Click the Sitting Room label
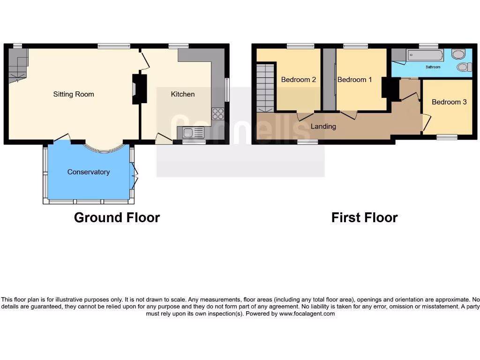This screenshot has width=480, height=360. coord(74,94)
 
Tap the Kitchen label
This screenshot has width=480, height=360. coord(182,94)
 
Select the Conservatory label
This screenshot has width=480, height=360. coord(89,172)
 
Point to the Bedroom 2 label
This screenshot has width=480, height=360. coord(299,80)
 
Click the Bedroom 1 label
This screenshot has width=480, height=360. coord(355,80)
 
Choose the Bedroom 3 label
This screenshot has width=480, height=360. coord(449,102)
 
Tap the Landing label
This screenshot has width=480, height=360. coord(323,127)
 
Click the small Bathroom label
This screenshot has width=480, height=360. coord(433,67)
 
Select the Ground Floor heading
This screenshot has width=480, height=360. coord(117,217)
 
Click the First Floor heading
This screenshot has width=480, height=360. coord(364,217)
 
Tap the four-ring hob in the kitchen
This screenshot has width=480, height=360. coord(218,113)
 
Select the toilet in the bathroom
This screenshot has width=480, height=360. coord(464,67)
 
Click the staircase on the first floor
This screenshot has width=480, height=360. coord(265,88)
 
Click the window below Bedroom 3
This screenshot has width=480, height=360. coord(447,137)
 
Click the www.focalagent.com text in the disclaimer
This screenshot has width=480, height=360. coord(307,314)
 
